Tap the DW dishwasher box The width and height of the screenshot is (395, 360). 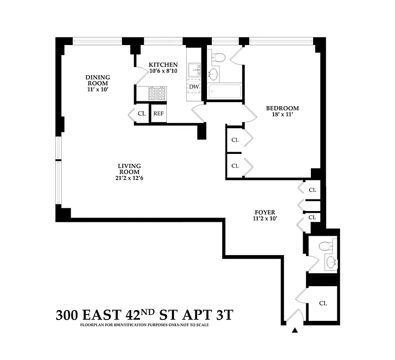click(194, 86)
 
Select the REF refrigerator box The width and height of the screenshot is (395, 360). click(158, 113)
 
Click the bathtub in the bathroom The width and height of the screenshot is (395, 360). click(224, 91)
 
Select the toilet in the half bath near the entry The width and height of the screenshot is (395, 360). click(324, 246)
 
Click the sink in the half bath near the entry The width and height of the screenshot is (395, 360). click(332, 261)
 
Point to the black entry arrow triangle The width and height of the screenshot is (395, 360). click(295, 331)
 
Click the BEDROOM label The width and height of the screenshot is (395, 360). click(282, 108)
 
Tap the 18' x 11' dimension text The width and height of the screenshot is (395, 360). click(282, 115)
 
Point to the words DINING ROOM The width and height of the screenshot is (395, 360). click(98, 80)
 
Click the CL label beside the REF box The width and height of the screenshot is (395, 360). click(141, 113)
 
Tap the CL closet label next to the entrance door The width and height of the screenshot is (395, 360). click(323, 303)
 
